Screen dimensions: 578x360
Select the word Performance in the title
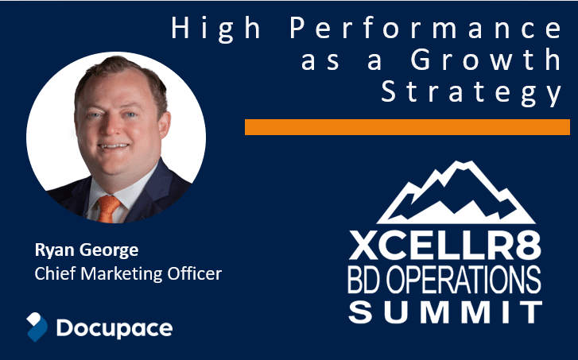tap(426, 29)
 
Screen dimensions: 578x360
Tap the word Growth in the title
tap(487, 60)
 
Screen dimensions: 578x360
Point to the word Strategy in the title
tap(471, 92)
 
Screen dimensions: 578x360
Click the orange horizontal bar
tap(407, 127)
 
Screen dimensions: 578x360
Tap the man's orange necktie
tap(107, 208)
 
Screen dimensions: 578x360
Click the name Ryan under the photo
tap(55, 250)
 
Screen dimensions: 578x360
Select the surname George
tap(109, 251)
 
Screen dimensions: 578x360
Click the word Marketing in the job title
tap(122, 274)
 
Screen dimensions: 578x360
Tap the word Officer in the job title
tap(195, 273)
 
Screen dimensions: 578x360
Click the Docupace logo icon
tap(37, 327)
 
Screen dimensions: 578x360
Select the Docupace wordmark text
tap(114, 328)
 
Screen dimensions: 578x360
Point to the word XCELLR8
tap(445, 245)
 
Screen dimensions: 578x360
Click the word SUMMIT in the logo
tap(445, 312)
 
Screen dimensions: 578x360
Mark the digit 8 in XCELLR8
tap(528, 245)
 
